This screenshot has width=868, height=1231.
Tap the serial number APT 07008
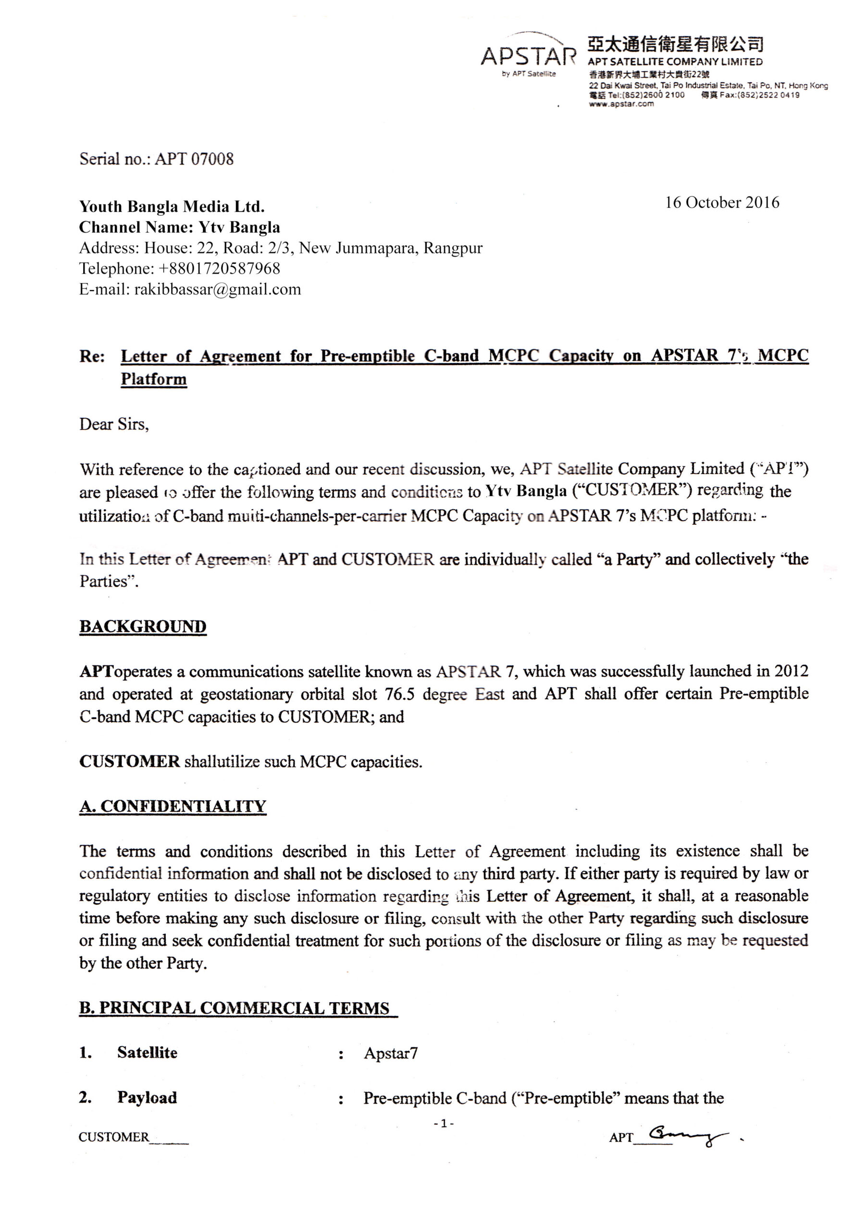pyautogui.click(x=194, y=159)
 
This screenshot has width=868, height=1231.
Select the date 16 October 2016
pyautogui.click(x=722, y=202)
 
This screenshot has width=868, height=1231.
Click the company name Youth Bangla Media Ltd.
pyautogui.click(x=172, y=206)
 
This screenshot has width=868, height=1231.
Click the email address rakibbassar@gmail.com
pyautogui.click(x=217, y=289)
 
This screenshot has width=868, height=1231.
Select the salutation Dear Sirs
pyautogui.click(x=113, y=425)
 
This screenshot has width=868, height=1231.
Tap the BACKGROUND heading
pyautogui.click(x=143, y=627)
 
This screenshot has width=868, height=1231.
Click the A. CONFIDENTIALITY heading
pyautogui.click(x=173, y=806)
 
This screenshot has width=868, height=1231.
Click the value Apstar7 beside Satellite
pyautogui.click(x=391, y=1054)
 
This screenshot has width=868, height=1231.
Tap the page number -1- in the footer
pyautogui.click(x=444, y=1123)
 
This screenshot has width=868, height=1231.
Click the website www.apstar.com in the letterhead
pyautogui.click(x=621, y=104)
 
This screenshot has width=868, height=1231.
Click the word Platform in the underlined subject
pyautogui.click(x=154, y=379)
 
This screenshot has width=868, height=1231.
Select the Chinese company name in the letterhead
pyautogui.click(x=675, y=44)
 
